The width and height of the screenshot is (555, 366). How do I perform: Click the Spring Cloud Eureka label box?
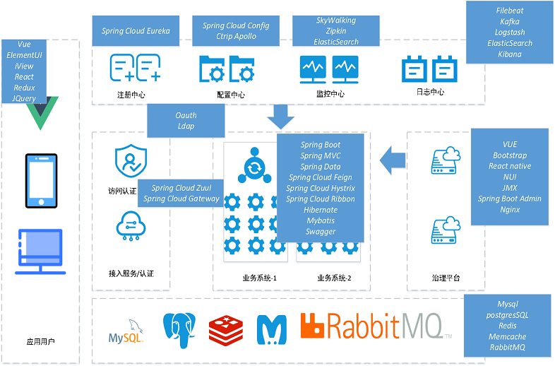pyautogui.click(x=141, y=31)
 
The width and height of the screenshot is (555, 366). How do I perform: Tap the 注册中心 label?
pyautogui.click(x=131, y=94)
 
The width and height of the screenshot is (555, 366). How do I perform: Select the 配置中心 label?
pyautogui.click(x=232, y=94)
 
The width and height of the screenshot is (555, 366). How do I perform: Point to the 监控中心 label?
pyautogui.click(x=330, y=93)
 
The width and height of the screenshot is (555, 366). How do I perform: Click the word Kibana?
pyautogui.click(x=510, y=54)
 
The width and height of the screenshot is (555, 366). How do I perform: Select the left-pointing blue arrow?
pyautogui.click(x=393, y=160)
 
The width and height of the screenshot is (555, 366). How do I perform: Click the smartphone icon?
pyautogui.click(x=41, y=176)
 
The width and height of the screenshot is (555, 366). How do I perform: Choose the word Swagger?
pyautogui.click(x=321, y=232)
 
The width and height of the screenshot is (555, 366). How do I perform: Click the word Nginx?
pyautogui.click(x=510, y=210)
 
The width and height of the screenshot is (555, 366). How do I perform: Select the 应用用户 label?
pyautogui.click(x=40, y=342)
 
